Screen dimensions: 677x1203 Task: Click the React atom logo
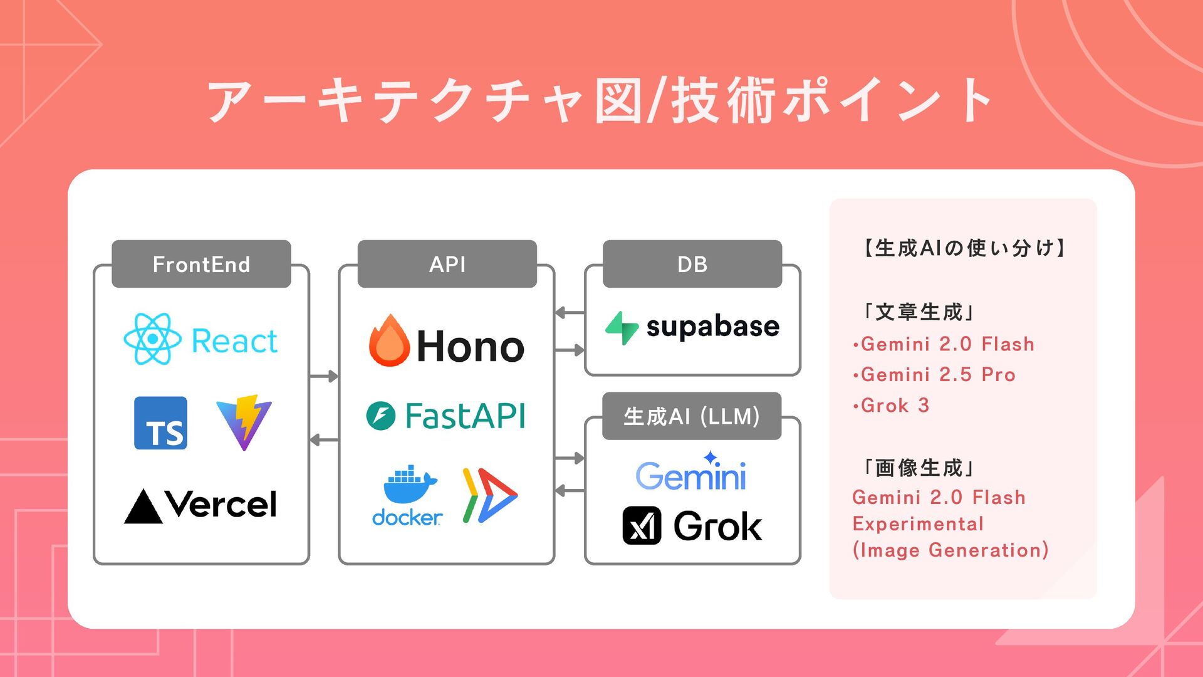[152, 339]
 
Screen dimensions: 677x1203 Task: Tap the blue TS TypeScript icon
[160, 423]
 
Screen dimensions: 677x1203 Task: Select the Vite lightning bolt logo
[244, 422]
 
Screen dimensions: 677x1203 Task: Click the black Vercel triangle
[143, 506]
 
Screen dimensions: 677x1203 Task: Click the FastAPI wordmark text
[465, 416]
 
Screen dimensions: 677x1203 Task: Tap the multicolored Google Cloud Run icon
[489, 495]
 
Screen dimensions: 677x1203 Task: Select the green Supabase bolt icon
[622, 328]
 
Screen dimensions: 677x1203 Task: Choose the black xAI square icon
[642, 525]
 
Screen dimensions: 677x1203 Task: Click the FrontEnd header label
[201, 265]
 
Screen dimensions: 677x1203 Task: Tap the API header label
[447, 265]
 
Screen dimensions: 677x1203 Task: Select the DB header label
[692, 265]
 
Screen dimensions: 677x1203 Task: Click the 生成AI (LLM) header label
[692, 416]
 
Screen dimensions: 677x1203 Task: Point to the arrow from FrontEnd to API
[324, 376]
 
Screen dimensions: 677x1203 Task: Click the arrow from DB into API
[570, 312]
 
